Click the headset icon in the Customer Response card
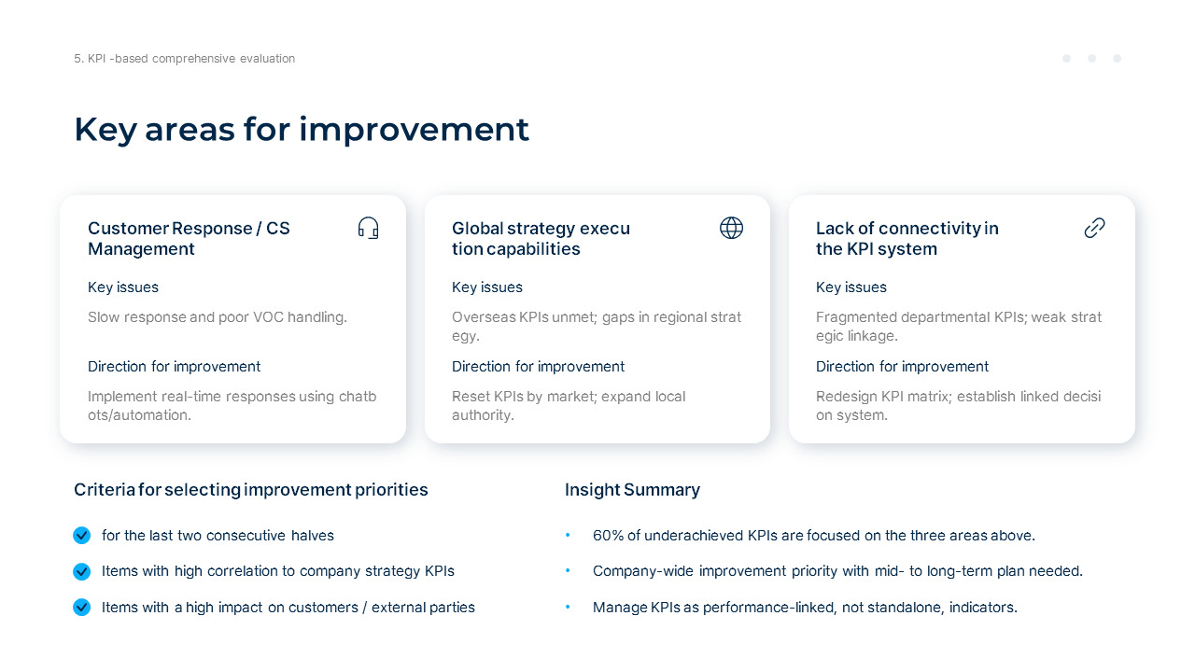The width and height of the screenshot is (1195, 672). click(369, 228)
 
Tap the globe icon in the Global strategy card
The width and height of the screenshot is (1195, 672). click(731, 228)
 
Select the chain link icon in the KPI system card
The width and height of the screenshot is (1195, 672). click(1094, 228)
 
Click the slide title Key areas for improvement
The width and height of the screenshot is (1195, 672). click(302, 129)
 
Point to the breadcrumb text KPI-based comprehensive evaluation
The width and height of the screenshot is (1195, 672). click(184, 59)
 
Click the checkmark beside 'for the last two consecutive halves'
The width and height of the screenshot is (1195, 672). click(82, 536)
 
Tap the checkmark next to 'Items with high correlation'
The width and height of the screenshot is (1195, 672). click(82, 571)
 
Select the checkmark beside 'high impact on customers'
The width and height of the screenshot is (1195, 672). click(82, 608)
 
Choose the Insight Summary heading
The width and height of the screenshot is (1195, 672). click(632, 490)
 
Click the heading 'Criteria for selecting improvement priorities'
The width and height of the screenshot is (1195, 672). click(250, 490)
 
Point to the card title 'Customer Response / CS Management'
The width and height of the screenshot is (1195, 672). click(189, 238)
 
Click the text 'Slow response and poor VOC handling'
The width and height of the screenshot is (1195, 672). click(217, 317)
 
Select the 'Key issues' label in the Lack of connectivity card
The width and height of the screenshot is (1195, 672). click(851, 287)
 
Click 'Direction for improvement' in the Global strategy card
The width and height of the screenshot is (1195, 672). click(538, 367)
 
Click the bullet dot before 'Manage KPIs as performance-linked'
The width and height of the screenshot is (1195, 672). click(568, 608)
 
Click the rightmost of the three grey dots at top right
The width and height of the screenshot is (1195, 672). click(1117, 59)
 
